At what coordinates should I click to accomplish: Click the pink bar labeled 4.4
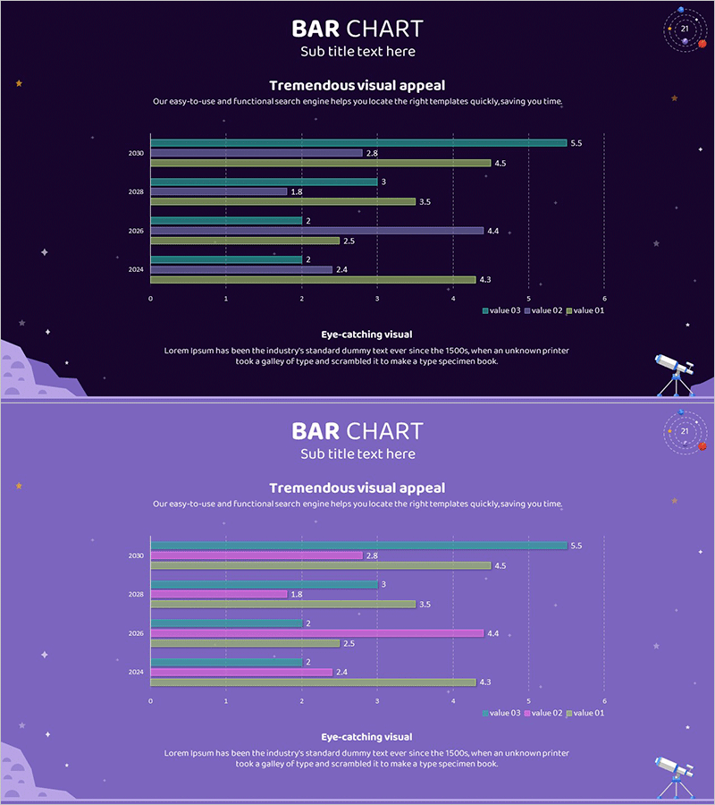(316, 632)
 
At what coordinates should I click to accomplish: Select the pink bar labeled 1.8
(218, 594)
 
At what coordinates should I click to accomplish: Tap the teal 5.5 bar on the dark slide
(357, 143)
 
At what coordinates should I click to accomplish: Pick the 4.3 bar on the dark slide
(313, 279)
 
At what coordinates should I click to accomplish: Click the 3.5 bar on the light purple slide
(282, 604)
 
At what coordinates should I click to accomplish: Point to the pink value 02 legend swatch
(527, 713)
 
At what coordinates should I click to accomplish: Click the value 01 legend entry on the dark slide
(585, 310)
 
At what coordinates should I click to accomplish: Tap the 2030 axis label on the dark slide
(136, 153)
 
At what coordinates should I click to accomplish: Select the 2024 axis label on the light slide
(136, 672)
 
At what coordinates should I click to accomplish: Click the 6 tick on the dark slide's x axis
(604, 299)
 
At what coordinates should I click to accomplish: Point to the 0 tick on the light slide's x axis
(150, 701)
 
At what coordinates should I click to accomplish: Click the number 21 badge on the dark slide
(685, 29)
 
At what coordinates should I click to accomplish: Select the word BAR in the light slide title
(315, 431)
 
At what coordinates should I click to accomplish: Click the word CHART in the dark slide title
(384, 29)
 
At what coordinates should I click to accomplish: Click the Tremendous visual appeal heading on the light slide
(357, 487)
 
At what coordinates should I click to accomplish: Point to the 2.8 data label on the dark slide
(372, 153)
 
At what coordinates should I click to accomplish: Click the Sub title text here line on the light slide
(357, 453)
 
